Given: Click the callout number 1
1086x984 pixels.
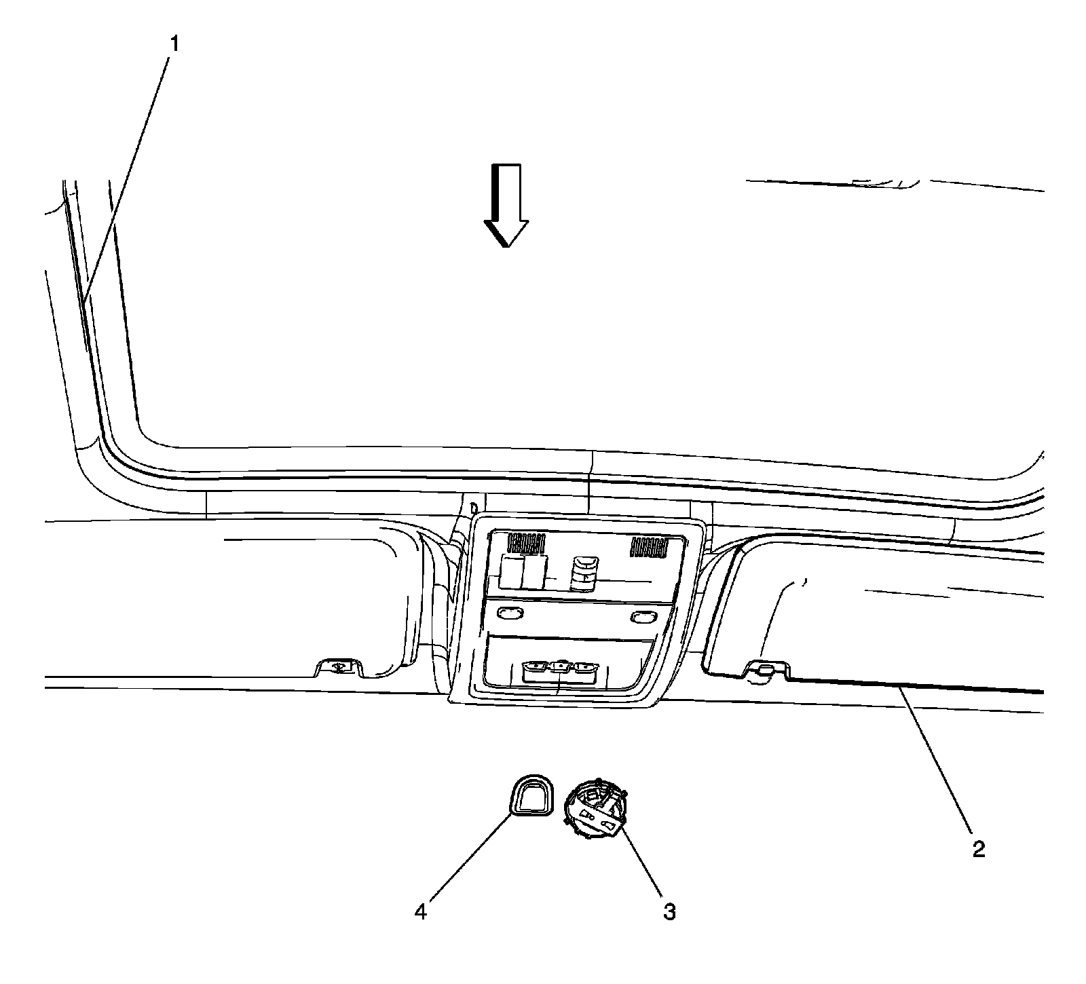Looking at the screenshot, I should pos(174,45).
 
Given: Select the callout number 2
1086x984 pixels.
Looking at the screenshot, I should pos(978,848).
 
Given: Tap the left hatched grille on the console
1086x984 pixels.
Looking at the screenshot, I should pos(526,543).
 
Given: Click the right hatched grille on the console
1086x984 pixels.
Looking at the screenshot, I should pos(650,547).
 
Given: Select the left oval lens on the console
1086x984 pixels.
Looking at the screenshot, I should pos(512,613).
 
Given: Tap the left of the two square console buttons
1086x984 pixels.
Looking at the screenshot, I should pos(510,571).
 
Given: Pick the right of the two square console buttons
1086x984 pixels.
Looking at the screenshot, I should pos(536,571).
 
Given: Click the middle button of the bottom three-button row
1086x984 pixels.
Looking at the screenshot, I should pos(560,666).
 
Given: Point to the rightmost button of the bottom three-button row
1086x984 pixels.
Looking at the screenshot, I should pos(582,666).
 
